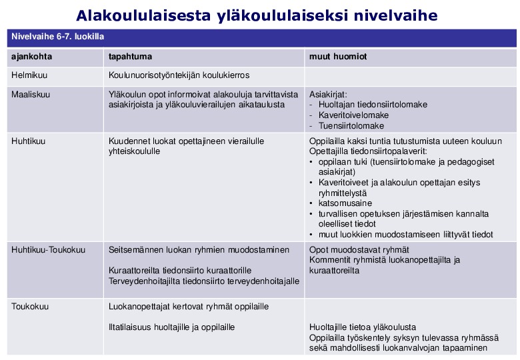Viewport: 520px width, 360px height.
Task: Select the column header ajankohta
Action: [x=32, y=57]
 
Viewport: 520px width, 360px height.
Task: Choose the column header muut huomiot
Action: [x=338, y=57]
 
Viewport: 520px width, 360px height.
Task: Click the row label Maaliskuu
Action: [x=31, y=95]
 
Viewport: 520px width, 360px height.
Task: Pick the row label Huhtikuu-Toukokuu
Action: [x=49, y=250]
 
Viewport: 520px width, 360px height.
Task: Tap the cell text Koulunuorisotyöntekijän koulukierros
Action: [x=179, y=76]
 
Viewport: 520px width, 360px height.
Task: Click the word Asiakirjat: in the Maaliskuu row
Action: [x=328, y=95]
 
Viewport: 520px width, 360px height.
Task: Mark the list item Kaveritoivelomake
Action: [x=353, y=115]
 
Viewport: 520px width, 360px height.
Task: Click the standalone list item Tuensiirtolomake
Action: [x=351, y=126]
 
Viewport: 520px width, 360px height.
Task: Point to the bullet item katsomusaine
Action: [x=345, y=203]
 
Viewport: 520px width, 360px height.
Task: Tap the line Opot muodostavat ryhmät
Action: [x=359, y=250]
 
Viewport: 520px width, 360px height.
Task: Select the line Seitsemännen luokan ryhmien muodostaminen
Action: [x=199, y=250]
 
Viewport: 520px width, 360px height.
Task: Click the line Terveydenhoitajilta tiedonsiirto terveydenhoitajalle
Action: [x=204, y=281]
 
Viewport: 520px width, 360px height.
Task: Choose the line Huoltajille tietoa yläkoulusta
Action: [x=363, y=327]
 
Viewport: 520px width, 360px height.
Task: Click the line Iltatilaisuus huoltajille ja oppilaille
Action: [x=171, y=327]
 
